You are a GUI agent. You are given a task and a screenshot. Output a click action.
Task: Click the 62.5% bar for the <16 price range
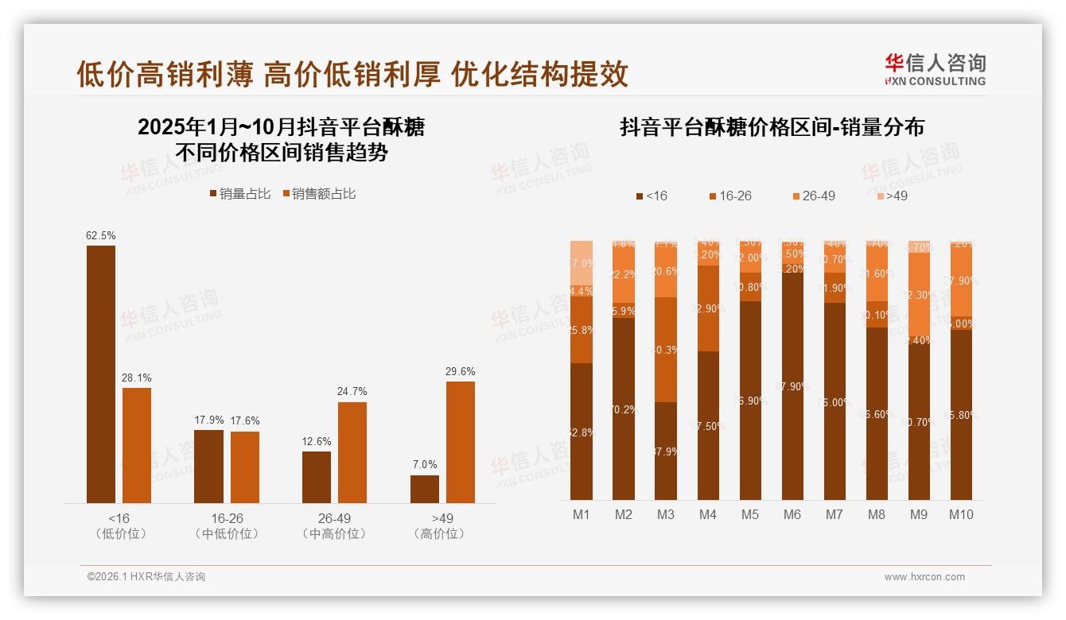click(101, 374)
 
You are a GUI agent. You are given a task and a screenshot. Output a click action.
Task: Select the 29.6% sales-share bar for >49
click(460, 442)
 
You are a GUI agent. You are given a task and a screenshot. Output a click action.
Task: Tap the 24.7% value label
click(352, 392)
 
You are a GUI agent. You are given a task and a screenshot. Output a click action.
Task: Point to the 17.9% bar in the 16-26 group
click(208, 466)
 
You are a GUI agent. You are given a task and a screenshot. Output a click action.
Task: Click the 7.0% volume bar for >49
click(424, 489)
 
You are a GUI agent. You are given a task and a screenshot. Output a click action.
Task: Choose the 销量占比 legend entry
click(239, 194)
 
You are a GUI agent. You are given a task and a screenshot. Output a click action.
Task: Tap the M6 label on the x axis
click(792, 514)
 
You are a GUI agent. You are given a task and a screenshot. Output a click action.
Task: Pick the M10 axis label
click(961, 514)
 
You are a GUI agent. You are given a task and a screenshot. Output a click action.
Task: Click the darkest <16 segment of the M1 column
click(582, 431)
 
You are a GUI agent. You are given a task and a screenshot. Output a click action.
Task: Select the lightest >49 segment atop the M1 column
click(582, 262)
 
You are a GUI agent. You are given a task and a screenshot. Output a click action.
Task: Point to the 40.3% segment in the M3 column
click(666, 350)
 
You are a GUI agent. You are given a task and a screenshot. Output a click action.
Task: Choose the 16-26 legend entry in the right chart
click(729, 196)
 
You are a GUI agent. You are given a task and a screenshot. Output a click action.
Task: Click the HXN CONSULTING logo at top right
click(936, 70)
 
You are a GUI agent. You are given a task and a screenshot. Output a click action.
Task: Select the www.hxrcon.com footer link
click(924, 577)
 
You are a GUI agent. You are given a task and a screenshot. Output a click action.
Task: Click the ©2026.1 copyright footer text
click(146, 577)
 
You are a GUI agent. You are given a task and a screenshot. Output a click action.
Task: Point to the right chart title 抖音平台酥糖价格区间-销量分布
click(772, 127)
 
